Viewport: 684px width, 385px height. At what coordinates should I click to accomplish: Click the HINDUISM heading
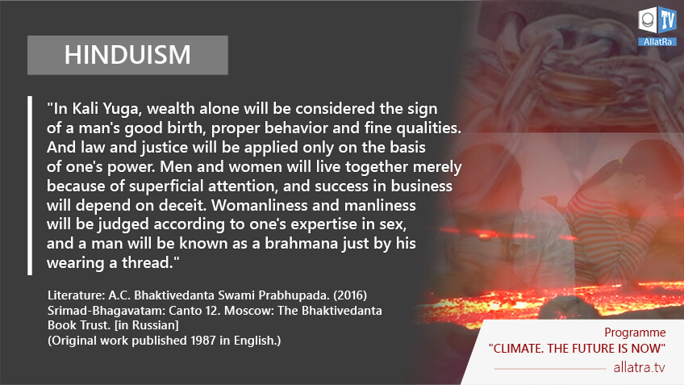tap(127, 55)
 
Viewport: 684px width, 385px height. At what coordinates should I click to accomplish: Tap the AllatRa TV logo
tap(657, 26)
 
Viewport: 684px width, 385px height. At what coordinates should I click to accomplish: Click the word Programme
tap(635, 333)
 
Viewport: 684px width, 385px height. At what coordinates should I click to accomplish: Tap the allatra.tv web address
tap(639, 367)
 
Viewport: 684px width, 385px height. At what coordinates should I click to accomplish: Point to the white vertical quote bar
tap(30, 186)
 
